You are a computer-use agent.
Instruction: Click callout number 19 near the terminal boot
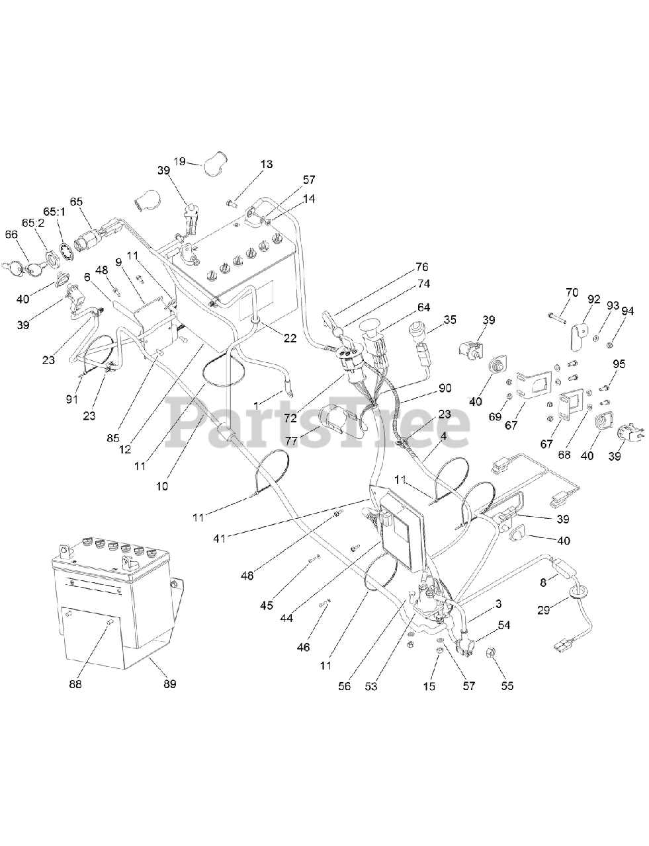[x=179, y=161]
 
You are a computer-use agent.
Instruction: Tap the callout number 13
[x=267, y=164]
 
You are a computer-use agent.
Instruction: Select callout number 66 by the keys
[x=12, y=235]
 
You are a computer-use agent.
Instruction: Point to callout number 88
[x=75, y=685]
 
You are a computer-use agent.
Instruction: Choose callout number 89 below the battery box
[x=170, y=685]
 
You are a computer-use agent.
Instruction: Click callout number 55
[x=507, y=686]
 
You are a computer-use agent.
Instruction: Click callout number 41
[x=219, y=539]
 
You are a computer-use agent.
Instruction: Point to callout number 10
[x=162, y=486]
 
